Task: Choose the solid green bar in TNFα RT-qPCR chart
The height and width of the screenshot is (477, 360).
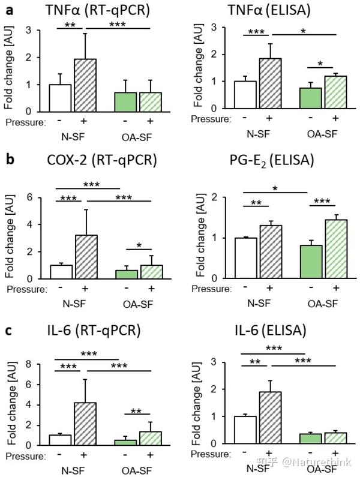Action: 125,102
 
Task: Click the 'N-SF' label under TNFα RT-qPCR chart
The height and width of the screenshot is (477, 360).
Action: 71,136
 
